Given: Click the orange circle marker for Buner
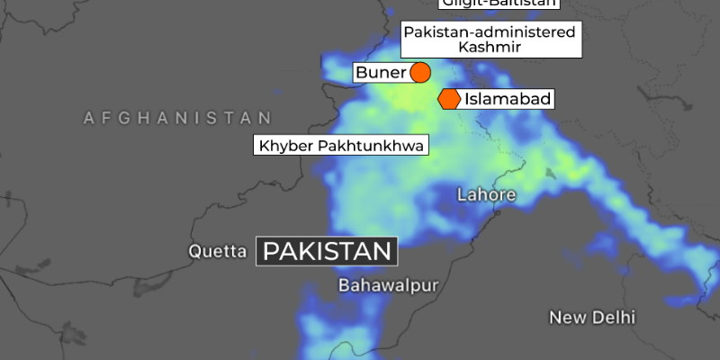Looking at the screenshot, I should [419, 72].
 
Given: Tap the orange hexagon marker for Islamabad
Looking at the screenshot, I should [449, 99].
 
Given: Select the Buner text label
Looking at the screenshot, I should [381, 72].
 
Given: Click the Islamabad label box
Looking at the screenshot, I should [508, 99].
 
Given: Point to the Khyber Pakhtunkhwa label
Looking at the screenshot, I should [341, 145].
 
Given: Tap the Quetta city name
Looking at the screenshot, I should [217, 252].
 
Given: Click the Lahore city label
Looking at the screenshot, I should [486, 194].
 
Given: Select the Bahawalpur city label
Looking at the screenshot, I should [388, 285].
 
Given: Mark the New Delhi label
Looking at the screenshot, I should [592, 318].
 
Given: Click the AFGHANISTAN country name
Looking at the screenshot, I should [177, 118].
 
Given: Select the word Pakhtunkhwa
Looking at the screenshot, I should [368, 145].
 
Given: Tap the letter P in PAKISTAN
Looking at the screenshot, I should [272, 250].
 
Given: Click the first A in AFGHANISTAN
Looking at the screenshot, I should [88, 118].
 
